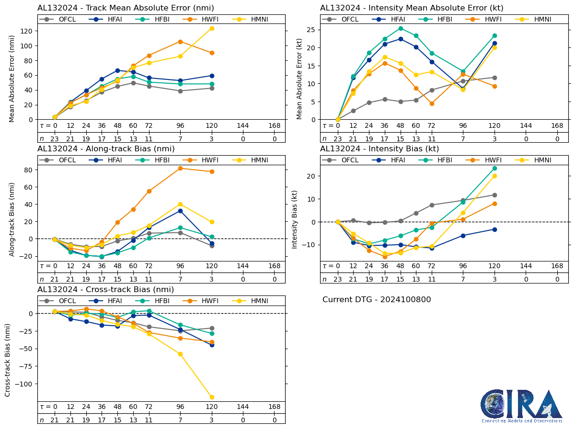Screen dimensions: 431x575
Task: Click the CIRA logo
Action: [x=522, y=406]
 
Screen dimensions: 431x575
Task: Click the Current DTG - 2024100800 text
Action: [x=377, y=300]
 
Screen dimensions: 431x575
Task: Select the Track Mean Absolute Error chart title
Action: [x=126, y=8]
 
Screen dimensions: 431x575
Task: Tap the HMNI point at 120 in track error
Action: [x=212, y=28]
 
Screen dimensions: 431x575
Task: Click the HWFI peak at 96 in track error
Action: [x=180, y=42]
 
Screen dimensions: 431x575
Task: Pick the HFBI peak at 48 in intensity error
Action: [x=400, y=28]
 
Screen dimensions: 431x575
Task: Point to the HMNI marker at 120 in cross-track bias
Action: [x=212, y=397]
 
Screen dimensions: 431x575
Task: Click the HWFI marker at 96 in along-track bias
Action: [x=180, y=168]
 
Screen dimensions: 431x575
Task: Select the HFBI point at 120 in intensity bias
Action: [x=494, y=168]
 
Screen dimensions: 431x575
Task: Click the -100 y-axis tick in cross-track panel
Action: [x=25, y=384]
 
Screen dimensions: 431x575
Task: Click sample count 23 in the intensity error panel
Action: [x=338, y=139]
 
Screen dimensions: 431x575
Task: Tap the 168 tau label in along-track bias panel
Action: [x=275, y=266]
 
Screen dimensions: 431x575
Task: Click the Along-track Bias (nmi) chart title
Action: [x=106, y=149]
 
